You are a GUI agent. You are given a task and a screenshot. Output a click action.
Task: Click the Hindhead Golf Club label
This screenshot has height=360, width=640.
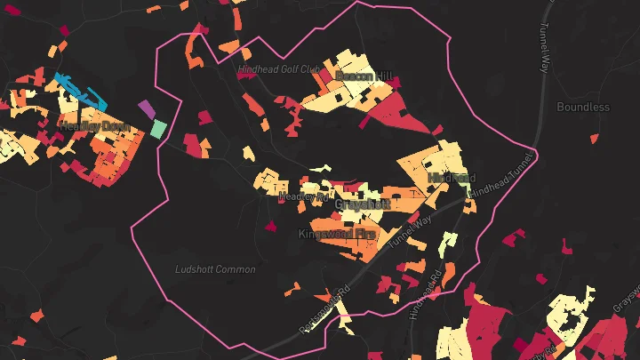tap(278, 68)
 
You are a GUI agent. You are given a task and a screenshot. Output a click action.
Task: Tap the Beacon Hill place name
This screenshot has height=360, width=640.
tap(363, 76)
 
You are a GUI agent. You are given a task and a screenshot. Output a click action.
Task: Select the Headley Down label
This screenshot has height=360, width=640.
tap(94, 127)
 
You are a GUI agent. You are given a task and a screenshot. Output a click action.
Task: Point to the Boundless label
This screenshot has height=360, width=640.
tap(583, 107)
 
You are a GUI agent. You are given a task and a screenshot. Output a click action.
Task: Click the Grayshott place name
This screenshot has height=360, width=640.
tap(362, 204)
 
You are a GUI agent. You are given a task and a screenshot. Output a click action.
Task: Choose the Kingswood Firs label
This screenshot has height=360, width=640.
tap(336, 234)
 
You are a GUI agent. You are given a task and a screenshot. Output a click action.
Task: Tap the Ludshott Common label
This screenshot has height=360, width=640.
tap(215, 269)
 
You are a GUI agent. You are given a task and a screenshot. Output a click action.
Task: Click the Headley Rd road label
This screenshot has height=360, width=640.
tap(303, 196)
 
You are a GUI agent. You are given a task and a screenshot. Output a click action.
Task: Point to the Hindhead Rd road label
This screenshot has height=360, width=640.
tap(424, 297)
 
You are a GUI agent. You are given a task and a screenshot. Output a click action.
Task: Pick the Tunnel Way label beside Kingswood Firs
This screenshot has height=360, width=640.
tap(410, 234)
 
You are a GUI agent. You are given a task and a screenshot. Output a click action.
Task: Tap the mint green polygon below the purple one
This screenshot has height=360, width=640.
tap(158, 129)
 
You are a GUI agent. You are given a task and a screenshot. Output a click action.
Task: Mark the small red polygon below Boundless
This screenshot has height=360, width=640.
tap(594, 139)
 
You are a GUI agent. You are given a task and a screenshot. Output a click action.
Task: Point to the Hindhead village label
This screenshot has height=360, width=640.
tap(452, 178)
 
